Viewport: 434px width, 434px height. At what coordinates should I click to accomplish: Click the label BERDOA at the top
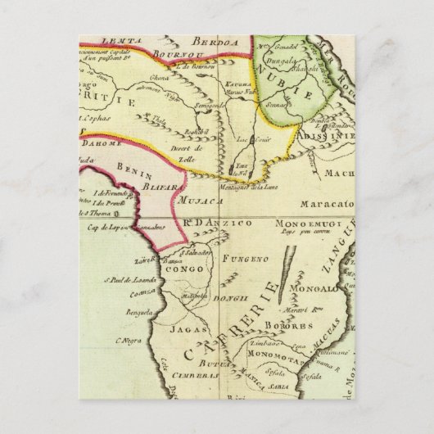210,43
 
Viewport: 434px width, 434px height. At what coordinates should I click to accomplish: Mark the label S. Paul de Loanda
127,279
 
